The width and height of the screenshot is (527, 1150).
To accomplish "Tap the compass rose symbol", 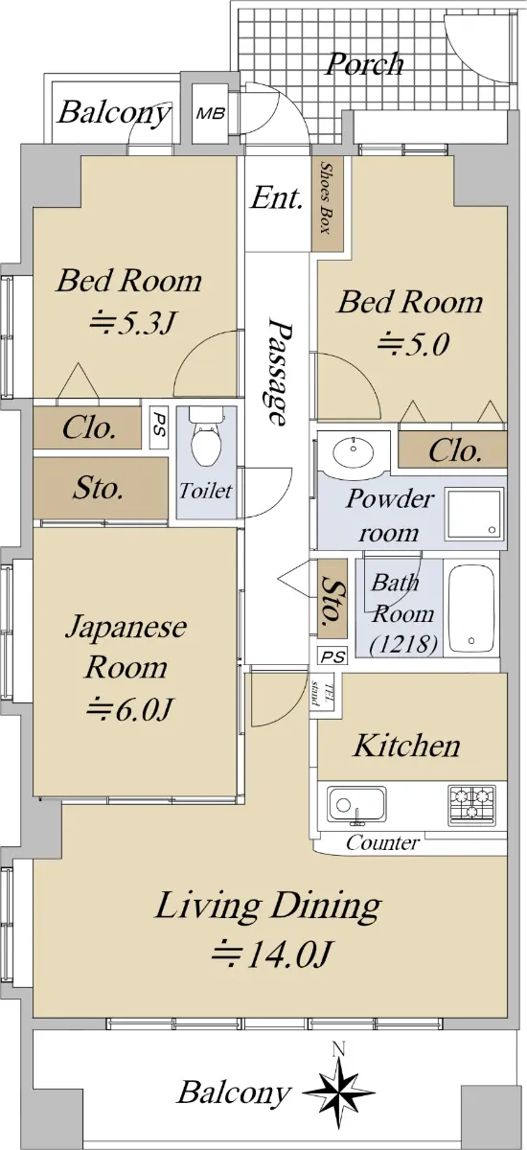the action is (x=338, y=1092).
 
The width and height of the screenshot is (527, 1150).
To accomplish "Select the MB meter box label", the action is (x=211, y=113).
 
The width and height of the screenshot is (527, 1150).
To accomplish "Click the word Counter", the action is (x=383, y=842).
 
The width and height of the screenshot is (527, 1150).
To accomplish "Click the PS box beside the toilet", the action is (x=159, y=429).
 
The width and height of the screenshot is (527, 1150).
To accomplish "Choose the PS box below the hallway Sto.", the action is (x=333, y=656).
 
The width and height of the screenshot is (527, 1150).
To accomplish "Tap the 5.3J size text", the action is (x=133, y=324).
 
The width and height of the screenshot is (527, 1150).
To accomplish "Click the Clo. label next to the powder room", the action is (x=455, y=450).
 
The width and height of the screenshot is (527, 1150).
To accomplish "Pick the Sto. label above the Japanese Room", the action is (x=98, y=488).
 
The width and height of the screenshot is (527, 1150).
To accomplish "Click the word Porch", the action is (x=365, y=65).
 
